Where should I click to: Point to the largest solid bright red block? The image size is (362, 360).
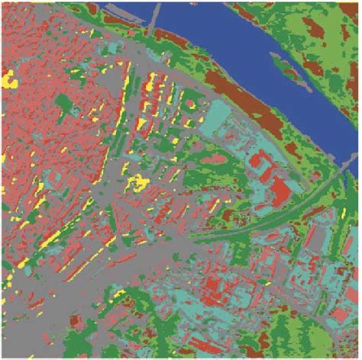click(x=280, y=188)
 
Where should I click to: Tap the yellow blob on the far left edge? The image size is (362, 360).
click(x=10, y=79)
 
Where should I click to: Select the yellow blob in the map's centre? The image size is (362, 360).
click(x=138, y=182)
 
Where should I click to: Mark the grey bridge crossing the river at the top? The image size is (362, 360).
click(x=155, y=12)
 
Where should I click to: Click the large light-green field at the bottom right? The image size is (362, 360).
click(x=321, y=336)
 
